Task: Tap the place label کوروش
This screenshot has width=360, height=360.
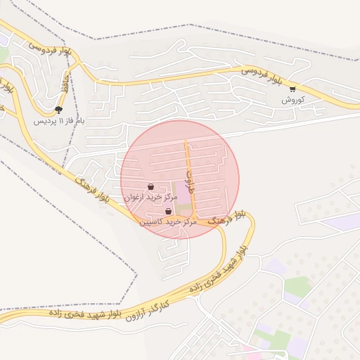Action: pos(292,101)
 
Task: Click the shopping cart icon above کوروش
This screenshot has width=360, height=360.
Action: pos(292,89)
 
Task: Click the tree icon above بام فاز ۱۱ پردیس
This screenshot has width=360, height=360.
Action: pos(58,110)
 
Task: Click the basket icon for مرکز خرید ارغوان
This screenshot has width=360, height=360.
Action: pos(150,187)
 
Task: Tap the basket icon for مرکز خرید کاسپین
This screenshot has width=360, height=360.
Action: pos(168,211)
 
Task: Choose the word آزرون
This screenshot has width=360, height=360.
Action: pos(139,311)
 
